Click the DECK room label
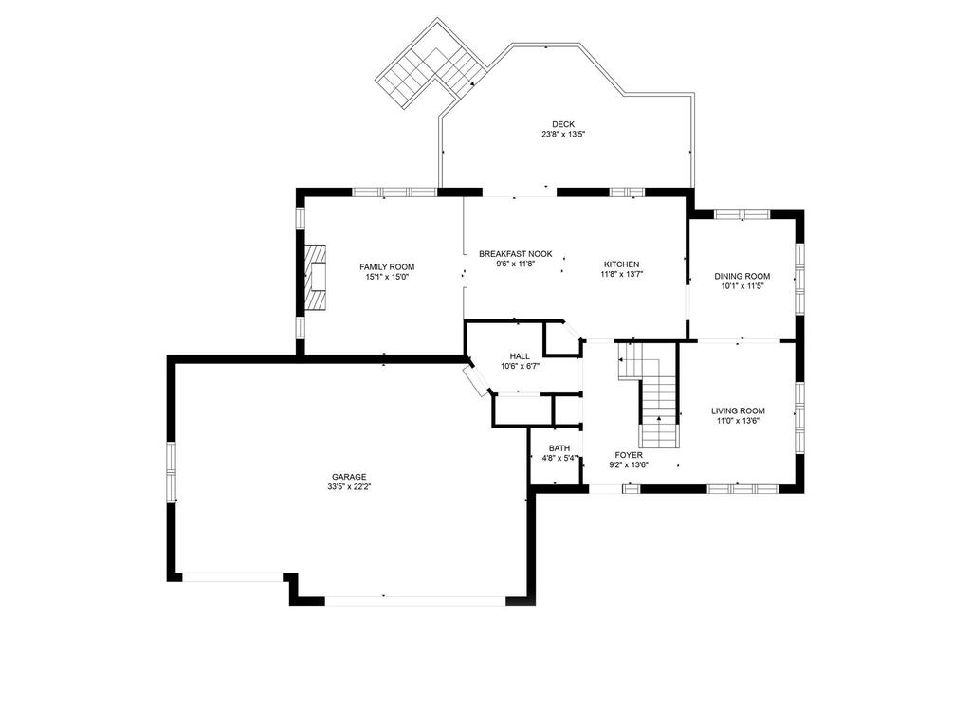[x=563, y=124]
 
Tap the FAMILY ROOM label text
[x=387, y=266]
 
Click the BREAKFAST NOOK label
[x=515, y=254]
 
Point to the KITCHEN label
[x=622, y=264]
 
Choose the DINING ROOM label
[x=742, y=276]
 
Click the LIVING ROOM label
[x=738, y=410]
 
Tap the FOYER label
[x=629, y=455]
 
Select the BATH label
[x=559, y=448]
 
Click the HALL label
[x=520, y=356]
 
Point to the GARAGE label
[x=349, y=477]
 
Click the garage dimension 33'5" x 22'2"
[x=349, y=486]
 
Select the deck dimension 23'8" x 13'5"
[x=563, y=135]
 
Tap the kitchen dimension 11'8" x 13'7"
[x=622, y=274]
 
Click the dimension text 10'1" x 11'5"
[x=742, y=286]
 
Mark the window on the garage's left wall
[x=171, y=472]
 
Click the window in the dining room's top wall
[x=742, y=215]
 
